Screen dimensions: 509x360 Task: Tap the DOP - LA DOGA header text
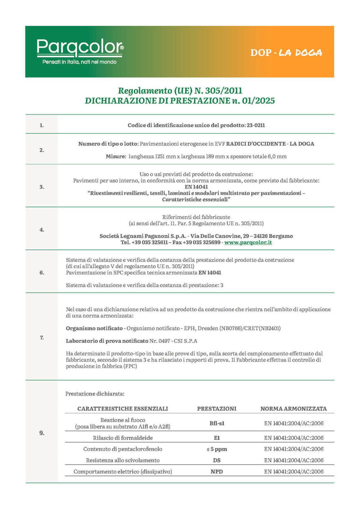(286, 52)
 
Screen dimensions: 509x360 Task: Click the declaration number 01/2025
(258, 101)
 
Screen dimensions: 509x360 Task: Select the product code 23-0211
(256, 125)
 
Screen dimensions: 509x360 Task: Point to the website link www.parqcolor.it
(248, 242)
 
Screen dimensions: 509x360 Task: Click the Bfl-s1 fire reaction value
(217, 423)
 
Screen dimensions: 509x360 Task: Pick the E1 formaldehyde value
(217, 438)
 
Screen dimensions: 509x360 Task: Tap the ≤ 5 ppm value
(217, 449)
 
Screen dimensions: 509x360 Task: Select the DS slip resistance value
(217, 460)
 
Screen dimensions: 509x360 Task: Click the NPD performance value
(217, 472)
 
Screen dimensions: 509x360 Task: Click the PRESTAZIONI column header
(217, 409)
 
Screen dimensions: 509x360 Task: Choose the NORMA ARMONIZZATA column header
(294, 409)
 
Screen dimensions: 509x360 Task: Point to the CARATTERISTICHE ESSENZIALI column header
(122, 409)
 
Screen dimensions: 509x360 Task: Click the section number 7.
(42, 338)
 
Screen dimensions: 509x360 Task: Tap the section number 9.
(42, 433)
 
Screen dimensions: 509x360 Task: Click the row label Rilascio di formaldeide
(123, 438)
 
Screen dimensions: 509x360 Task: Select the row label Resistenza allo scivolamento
(123, 460)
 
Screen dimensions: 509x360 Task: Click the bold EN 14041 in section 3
(196, 187)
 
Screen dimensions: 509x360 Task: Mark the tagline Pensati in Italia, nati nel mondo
(80, 62)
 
